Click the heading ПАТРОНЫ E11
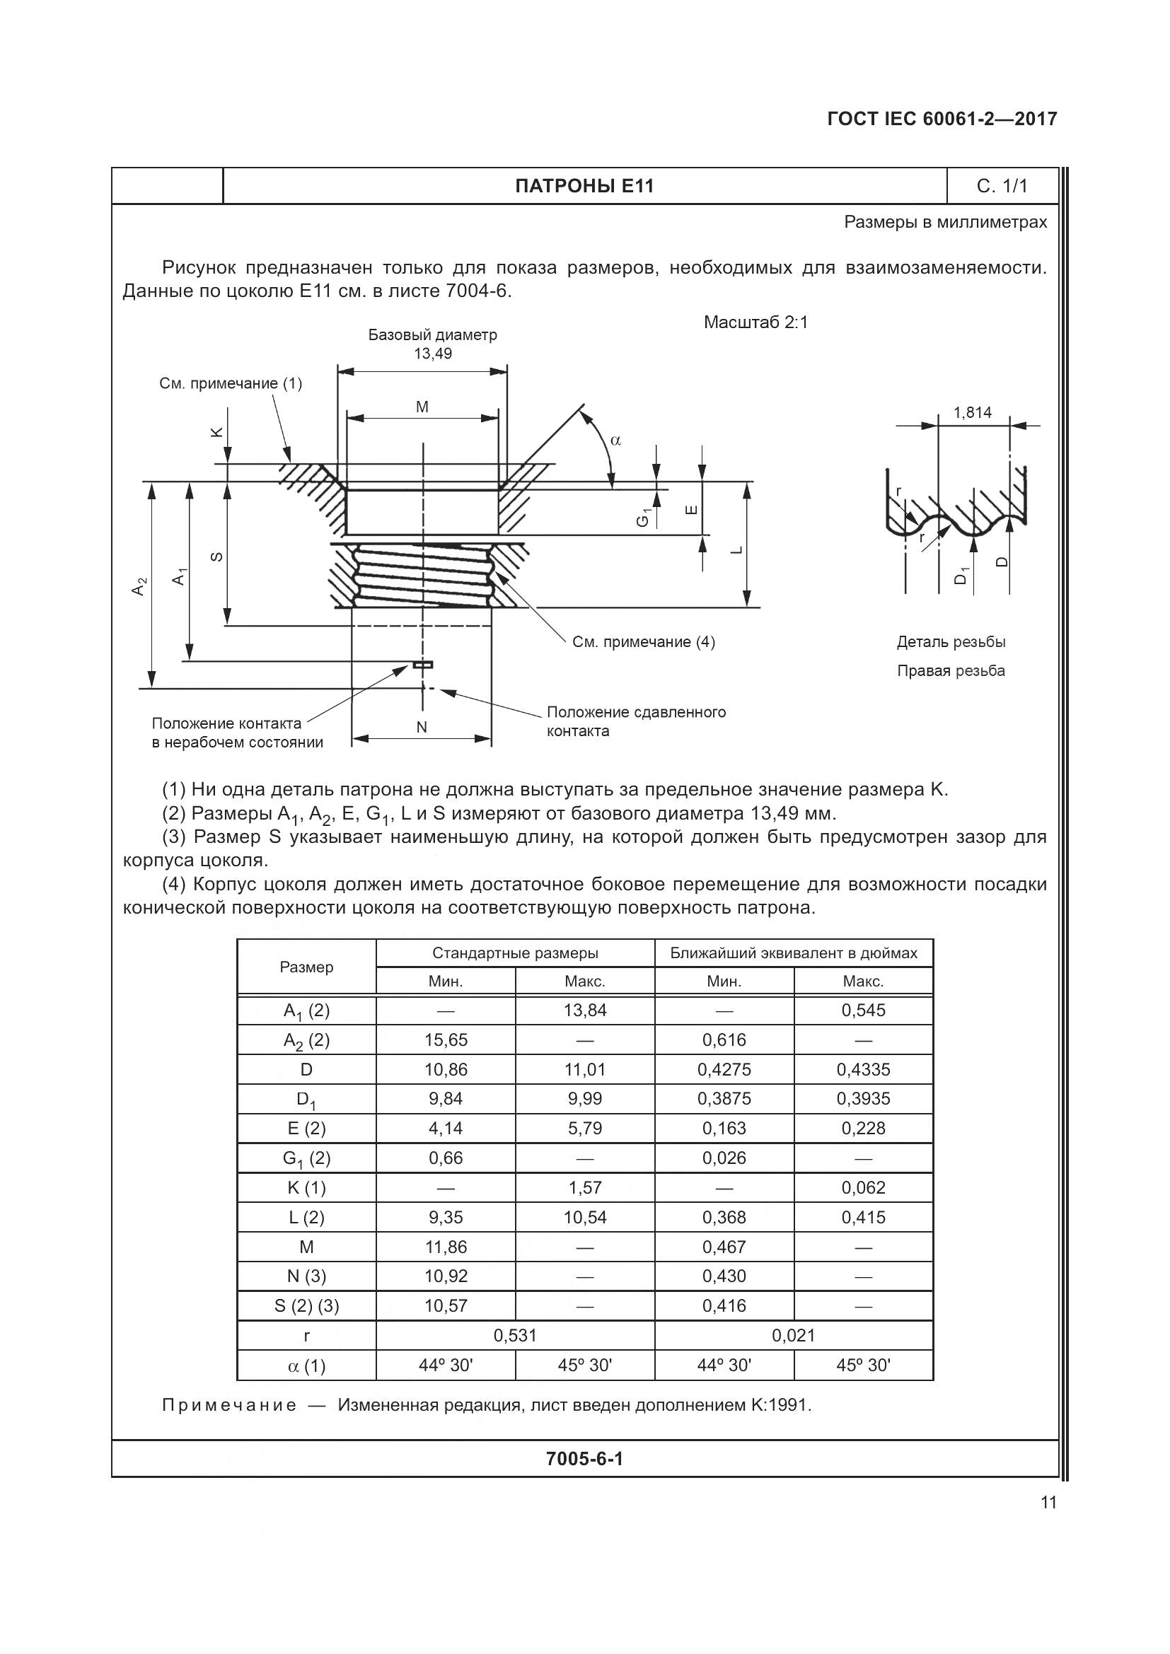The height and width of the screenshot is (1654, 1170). [584, 186]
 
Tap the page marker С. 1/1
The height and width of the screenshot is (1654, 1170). [1002, 186]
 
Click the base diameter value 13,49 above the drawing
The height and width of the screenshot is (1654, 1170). [432, 354]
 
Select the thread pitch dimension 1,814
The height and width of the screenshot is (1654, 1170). [972, 413]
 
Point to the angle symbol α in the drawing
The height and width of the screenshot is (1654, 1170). [615, 440]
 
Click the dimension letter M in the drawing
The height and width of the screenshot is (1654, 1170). [422, 407]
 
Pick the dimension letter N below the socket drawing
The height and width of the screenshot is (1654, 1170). [422, 727]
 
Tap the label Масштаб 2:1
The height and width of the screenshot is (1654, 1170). [755, 322]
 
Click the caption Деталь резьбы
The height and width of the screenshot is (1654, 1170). [950, 642]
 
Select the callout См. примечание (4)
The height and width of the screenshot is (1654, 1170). [643, 642]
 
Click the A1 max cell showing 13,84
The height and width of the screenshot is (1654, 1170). [584, 1010]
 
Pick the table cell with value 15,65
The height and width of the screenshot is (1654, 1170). [445, 1039]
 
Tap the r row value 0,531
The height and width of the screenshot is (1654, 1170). [514, 1335]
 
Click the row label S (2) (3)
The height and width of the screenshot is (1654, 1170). [306, 1305]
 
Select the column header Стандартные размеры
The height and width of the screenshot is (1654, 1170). [514, 953]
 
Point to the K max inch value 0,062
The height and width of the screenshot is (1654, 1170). [862, 1187]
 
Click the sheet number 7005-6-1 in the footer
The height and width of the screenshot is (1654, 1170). [584, 1459]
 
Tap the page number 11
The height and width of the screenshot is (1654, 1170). [1048, 1502]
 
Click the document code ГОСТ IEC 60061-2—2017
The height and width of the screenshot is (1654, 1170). [942, 119]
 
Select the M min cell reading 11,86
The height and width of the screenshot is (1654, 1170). [445, 1246]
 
